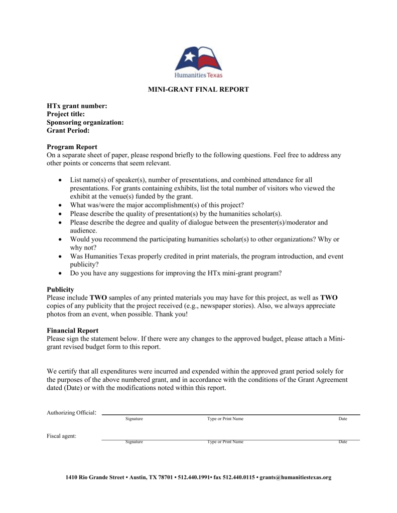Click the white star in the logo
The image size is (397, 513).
click(x=189, y=57)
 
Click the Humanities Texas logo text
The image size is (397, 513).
click(x=198, y=75)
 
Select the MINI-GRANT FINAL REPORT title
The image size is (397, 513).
click(x=198, y=89)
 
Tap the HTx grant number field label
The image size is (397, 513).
click(x=77, y=106)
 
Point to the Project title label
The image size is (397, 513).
click(x=66, y=114)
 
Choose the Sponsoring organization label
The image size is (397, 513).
click(x=85, y=122)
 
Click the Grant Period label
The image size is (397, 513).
click(x=68, y=130)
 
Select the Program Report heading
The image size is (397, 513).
click(x=72, y=147)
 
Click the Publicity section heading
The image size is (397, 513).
click(x=60, y=290)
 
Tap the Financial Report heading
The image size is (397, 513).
click(x=72, y=331)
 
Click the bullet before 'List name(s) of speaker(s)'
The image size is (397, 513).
click(x=60, y=180)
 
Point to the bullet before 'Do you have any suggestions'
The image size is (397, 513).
click(x=60, y=274)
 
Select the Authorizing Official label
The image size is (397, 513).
click(x=71, y=413)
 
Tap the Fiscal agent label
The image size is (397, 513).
click(x=62, y=436)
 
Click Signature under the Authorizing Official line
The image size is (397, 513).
click(x=134, y=419)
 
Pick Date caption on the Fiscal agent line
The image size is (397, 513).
click(x=343, y=442)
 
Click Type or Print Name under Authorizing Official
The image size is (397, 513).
click(x=225, y=419)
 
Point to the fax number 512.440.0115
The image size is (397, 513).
click(x=239, y=477)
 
